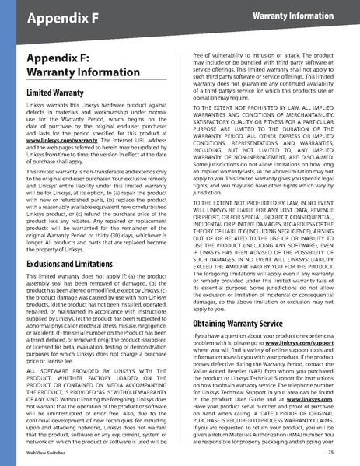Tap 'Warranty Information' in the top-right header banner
(302, 16)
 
